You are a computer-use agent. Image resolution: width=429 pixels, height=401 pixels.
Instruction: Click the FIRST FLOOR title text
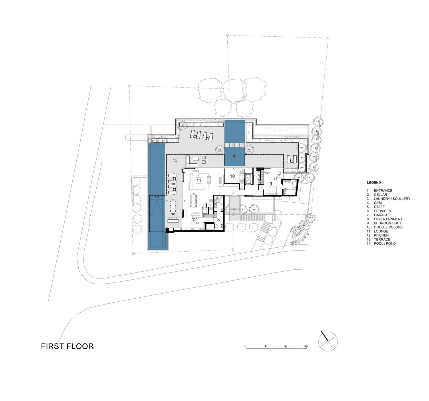67,346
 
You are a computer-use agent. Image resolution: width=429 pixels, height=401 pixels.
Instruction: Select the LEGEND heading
374,183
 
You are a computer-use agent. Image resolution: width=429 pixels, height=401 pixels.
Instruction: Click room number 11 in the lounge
198,180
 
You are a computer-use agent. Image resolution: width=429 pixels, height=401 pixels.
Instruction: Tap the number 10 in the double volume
232,176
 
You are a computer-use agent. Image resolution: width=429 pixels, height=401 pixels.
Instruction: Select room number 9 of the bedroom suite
271,184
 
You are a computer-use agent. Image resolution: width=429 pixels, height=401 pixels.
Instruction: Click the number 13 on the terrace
175,160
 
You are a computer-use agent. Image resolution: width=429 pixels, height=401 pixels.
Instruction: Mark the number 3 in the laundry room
219,220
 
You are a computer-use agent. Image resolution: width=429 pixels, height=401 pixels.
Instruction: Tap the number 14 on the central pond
233,156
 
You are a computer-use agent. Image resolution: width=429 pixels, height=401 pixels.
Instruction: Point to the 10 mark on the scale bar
285,346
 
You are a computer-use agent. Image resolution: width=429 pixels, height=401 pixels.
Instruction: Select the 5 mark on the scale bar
265,346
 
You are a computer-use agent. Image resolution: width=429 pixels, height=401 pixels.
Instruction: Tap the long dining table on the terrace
173,207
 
